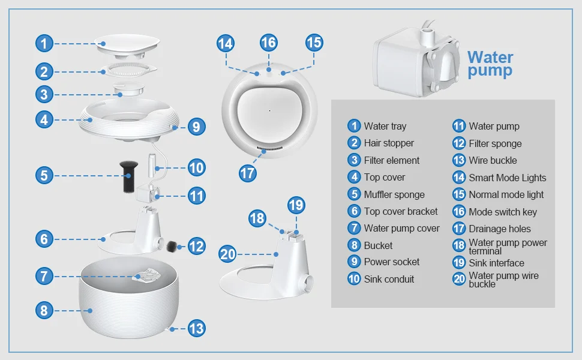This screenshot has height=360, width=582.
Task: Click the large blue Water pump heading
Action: click(x=490, y=64)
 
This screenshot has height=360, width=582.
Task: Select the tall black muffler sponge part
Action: click(x=128, y=176)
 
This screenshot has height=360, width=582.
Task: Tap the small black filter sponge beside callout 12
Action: click(x=172, y=247)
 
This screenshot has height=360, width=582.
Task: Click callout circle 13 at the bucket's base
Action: click(x=196, y=328)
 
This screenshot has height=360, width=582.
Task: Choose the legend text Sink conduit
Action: click(x=389, y=279)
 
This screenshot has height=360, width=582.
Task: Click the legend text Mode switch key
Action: click(x=503, y=212)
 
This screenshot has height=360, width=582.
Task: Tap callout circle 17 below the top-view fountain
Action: click(x=248, y=173)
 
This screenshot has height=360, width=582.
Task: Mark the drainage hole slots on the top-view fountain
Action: click(x=270, y=148)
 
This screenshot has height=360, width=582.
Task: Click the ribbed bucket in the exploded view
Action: click(x=129, y=301)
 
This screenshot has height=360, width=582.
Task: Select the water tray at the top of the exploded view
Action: click(x=127, y=46)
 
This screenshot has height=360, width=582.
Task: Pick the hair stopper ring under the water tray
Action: click(x=128, y=70)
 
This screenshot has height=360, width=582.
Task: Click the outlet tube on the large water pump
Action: click(x=427, y=35)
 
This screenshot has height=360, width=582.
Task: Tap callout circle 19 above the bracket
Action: click(x=296, y=205)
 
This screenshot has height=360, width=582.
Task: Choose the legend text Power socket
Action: click(x=392, y=262)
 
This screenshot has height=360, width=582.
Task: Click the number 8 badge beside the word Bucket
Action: click(x=354, y=245)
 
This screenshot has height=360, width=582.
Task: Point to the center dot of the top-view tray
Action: click(x=269, y=110)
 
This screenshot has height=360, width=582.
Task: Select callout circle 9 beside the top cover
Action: click(x=196, y=127)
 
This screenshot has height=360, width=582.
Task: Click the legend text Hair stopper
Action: click(x=389, y=143)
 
